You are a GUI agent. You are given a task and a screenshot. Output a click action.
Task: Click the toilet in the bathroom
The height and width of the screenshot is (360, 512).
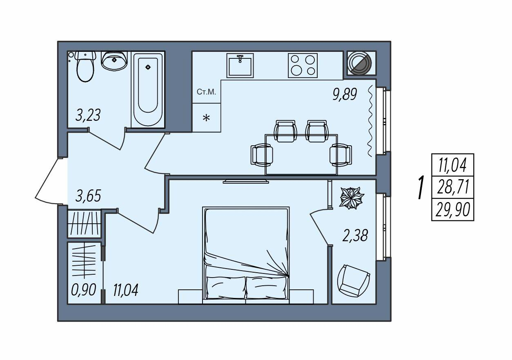85,66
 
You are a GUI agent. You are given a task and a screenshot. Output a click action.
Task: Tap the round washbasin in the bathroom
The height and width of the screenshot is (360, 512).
114,60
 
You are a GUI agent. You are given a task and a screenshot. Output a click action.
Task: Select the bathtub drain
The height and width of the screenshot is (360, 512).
148,67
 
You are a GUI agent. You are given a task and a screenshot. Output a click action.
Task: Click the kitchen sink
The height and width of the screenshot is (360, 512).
240,66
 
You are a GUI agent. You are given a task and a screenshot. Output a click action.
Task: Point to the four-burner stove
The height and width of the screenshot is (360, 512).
303,66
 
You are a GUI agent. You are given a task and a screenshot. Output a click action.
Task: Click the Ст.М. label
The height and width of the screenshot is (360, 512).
206,92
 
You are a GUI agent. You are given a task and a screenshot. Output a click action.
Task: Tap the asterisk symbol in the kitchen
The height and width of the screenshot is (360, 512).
207,118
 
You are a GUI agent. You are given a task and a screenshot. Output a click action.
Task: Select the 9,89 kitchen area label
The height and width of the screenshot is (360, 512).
345,94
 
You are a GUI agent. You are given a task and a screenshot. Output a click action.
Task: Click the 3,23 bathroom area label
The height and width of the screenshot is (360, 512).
88,115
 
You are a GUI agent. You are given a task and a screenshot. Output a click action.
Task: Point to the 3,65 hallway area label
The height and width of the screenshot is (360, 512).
88,196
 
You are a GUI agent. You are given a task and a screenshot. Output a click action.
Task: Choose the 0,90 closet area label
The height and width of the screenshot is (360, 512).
83,290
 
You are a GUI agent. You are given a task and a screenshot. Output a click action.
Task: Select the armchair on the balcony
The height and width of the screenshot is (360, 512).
353,281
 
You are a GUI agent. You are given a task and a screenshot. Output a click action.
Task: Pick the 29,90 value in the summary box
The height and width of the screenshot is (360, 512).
453,210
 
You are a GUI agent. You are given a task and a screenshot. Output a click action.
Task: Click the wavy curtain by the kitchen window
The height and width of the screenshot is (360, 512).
370,121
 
